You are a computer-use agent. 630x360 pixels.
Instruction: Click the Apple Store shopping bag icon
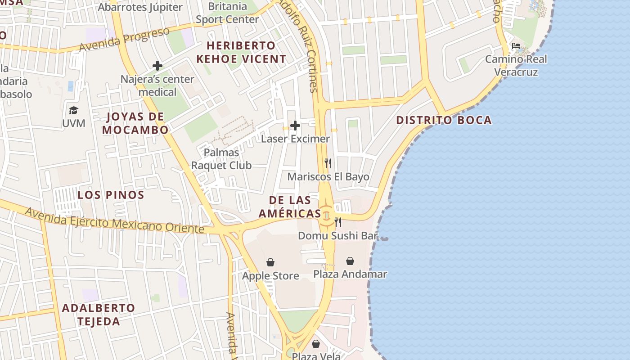tap(270, 262)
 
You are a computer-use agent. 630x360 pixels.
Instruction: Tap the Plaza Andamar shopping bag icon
tap(350, 261)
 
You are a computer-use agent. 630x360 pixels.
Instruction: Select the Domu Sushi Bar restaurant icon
tap(338, 222)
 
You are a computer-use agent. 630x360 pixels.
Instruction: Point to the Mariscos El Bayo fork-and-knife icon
tap(328, 163)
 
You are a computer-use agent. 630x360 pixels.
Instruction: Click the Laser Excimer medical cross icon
tap(295, 126)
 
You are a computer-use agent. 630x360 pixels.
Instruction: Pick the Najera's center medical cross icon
tap(157, 66)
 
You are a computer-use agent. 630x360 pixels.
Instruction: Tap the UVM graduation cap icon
tap(73, 110)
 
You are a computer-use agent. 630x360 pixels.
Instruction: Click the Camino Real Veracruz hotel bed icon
tap(516, 46)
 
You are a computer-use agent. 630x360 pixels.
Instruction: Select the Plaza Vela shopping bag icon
tap(316, 344)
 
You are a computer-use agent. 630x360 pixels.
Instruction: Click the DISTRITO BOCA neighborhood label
tap(444, 121)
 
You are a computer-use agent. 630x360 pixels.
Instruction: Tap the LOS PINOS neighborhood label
tap(111, 195)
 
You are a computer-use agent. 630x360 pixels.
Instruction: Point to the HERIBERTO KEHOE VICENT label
tap(241, 52)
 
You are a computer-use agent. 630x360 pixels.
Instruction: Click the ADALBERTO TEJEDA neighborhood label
tap(99, 315)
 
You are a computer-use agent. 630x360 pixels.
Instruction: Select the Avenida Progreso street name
tap(125, 40)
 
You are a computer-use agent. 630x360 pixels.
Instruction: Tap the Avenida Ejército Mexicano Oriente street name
tap(114, 220)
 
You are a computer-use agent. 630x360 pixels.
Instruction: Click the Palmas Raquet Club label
tap(221, 159)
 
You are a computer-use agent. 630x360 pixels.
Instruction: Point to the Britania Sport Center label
tap(228, 13)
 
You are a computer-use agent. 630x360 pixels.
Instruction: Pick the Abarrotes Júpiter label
tap(140, 7)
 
